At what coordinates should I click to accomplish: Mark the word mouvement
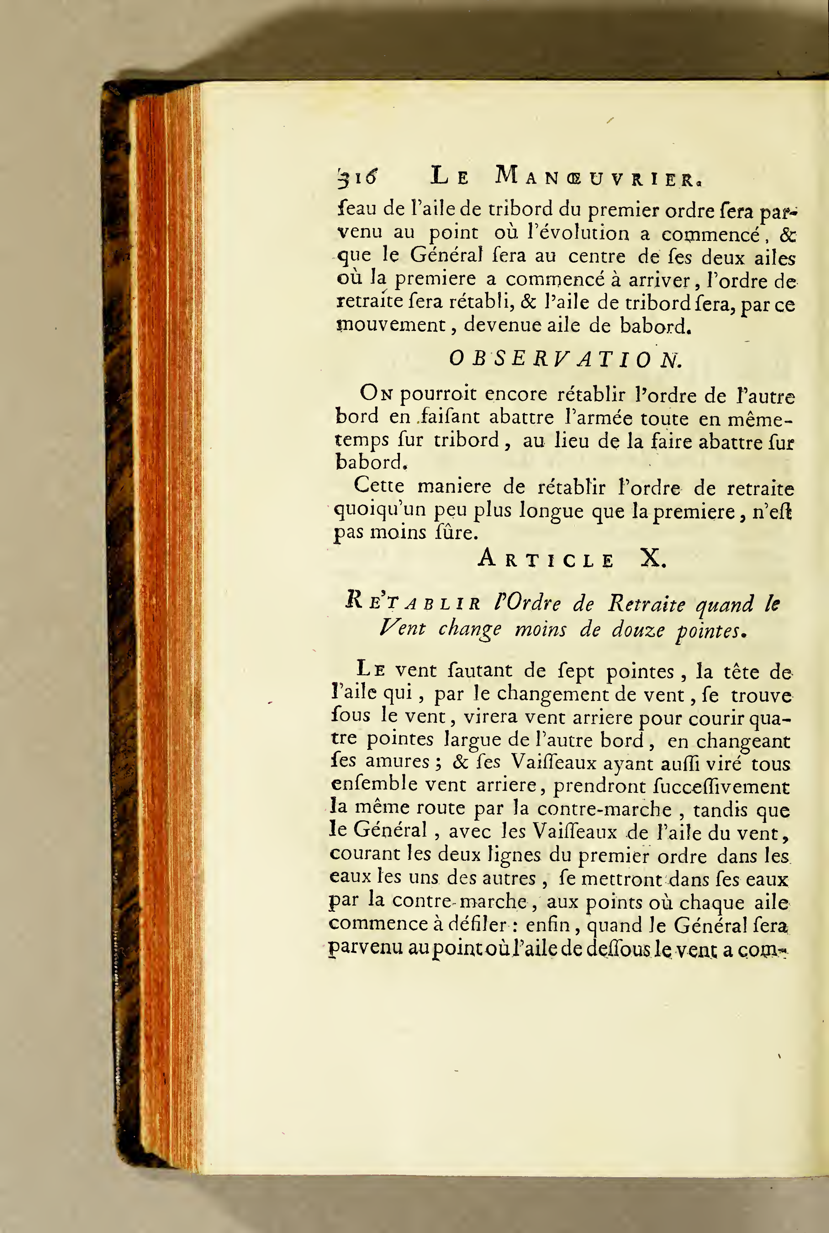391,325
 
